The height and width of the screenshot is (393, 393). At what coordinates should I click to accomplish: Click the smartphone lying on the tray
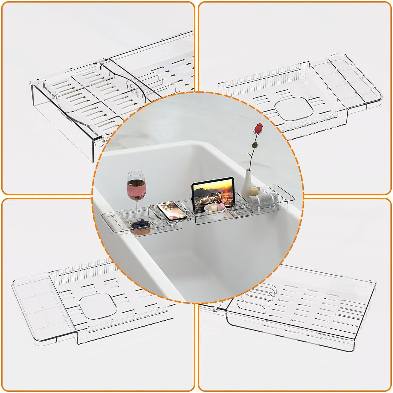(172, 211)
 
